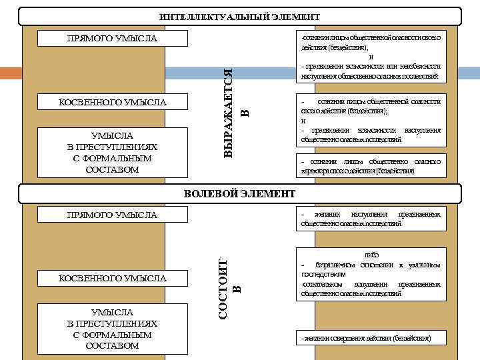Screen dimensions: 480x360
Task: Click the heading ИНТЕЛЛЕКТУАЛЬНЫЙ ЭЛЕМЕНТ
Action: [239, 17]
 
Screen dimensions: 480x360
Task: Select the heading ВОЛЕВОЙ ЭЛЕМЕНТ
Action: [239, 193]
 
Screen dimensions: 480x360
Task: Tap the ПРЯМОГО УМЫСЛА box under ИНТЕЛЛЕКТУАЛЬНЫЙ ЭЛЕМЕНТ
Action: [112, 38]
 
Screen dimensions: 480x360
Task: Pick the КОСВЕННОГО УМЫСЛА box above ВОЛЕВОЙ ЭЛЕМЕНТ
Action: [112, 102]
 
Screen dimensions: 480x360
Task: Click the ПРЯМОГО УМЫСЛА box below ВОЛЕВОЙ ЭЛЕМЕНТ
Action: [112, 215]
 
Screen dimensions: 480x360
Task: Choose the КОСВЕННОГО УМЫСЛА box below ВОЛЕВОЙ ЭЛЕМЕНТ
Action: [112, 277]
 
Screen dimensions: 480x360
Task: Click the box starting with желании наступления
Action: [370, 219]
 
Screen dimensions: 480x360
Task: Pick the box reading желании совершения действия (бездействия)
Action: [370, 339]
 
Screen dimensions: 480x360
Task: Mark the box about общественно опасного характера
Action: [370, 166]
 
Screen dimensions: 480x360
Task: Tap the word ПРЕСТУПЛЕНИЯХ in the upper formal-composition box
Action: [112, 147]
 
